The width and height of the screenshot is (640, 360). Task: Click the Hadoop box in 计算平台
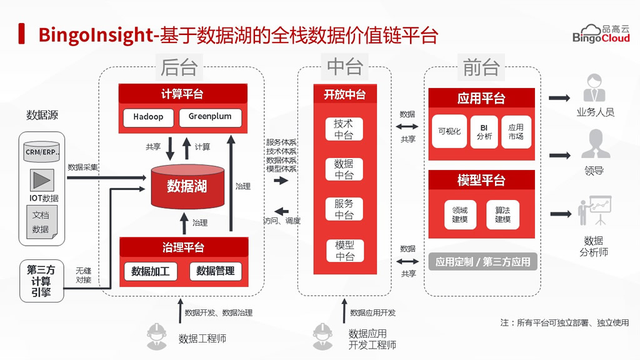click(148, 117)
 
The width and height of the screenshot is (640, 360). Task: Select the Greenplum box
click(210, 117)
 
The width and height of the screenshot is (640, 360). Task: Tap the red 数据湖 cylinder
click(187, 186)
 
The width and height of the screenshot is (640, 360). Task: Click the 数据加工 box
click(151, 271)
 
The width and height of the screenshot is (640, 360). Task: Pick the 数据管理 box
click(215, 271)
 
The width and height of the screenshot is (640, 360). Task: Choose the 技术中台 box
click(344, 129)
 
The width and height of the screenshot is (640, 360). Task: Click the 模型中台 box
click(344, 250)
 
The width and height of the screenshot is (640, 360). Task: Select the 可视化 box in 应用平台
click(449, 131)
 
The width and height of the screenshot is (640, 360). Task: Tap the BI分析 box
click(484, 131)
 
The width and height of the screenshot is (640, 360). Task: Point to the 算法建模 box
click(502, 214)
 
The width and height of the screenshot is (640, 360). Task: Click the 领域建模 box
click(460, 214)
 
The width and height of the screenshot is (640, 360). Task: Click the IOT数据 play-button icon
click(42, 181)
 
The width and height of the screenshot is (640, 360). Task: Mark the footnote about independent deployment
click(564, 323)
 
